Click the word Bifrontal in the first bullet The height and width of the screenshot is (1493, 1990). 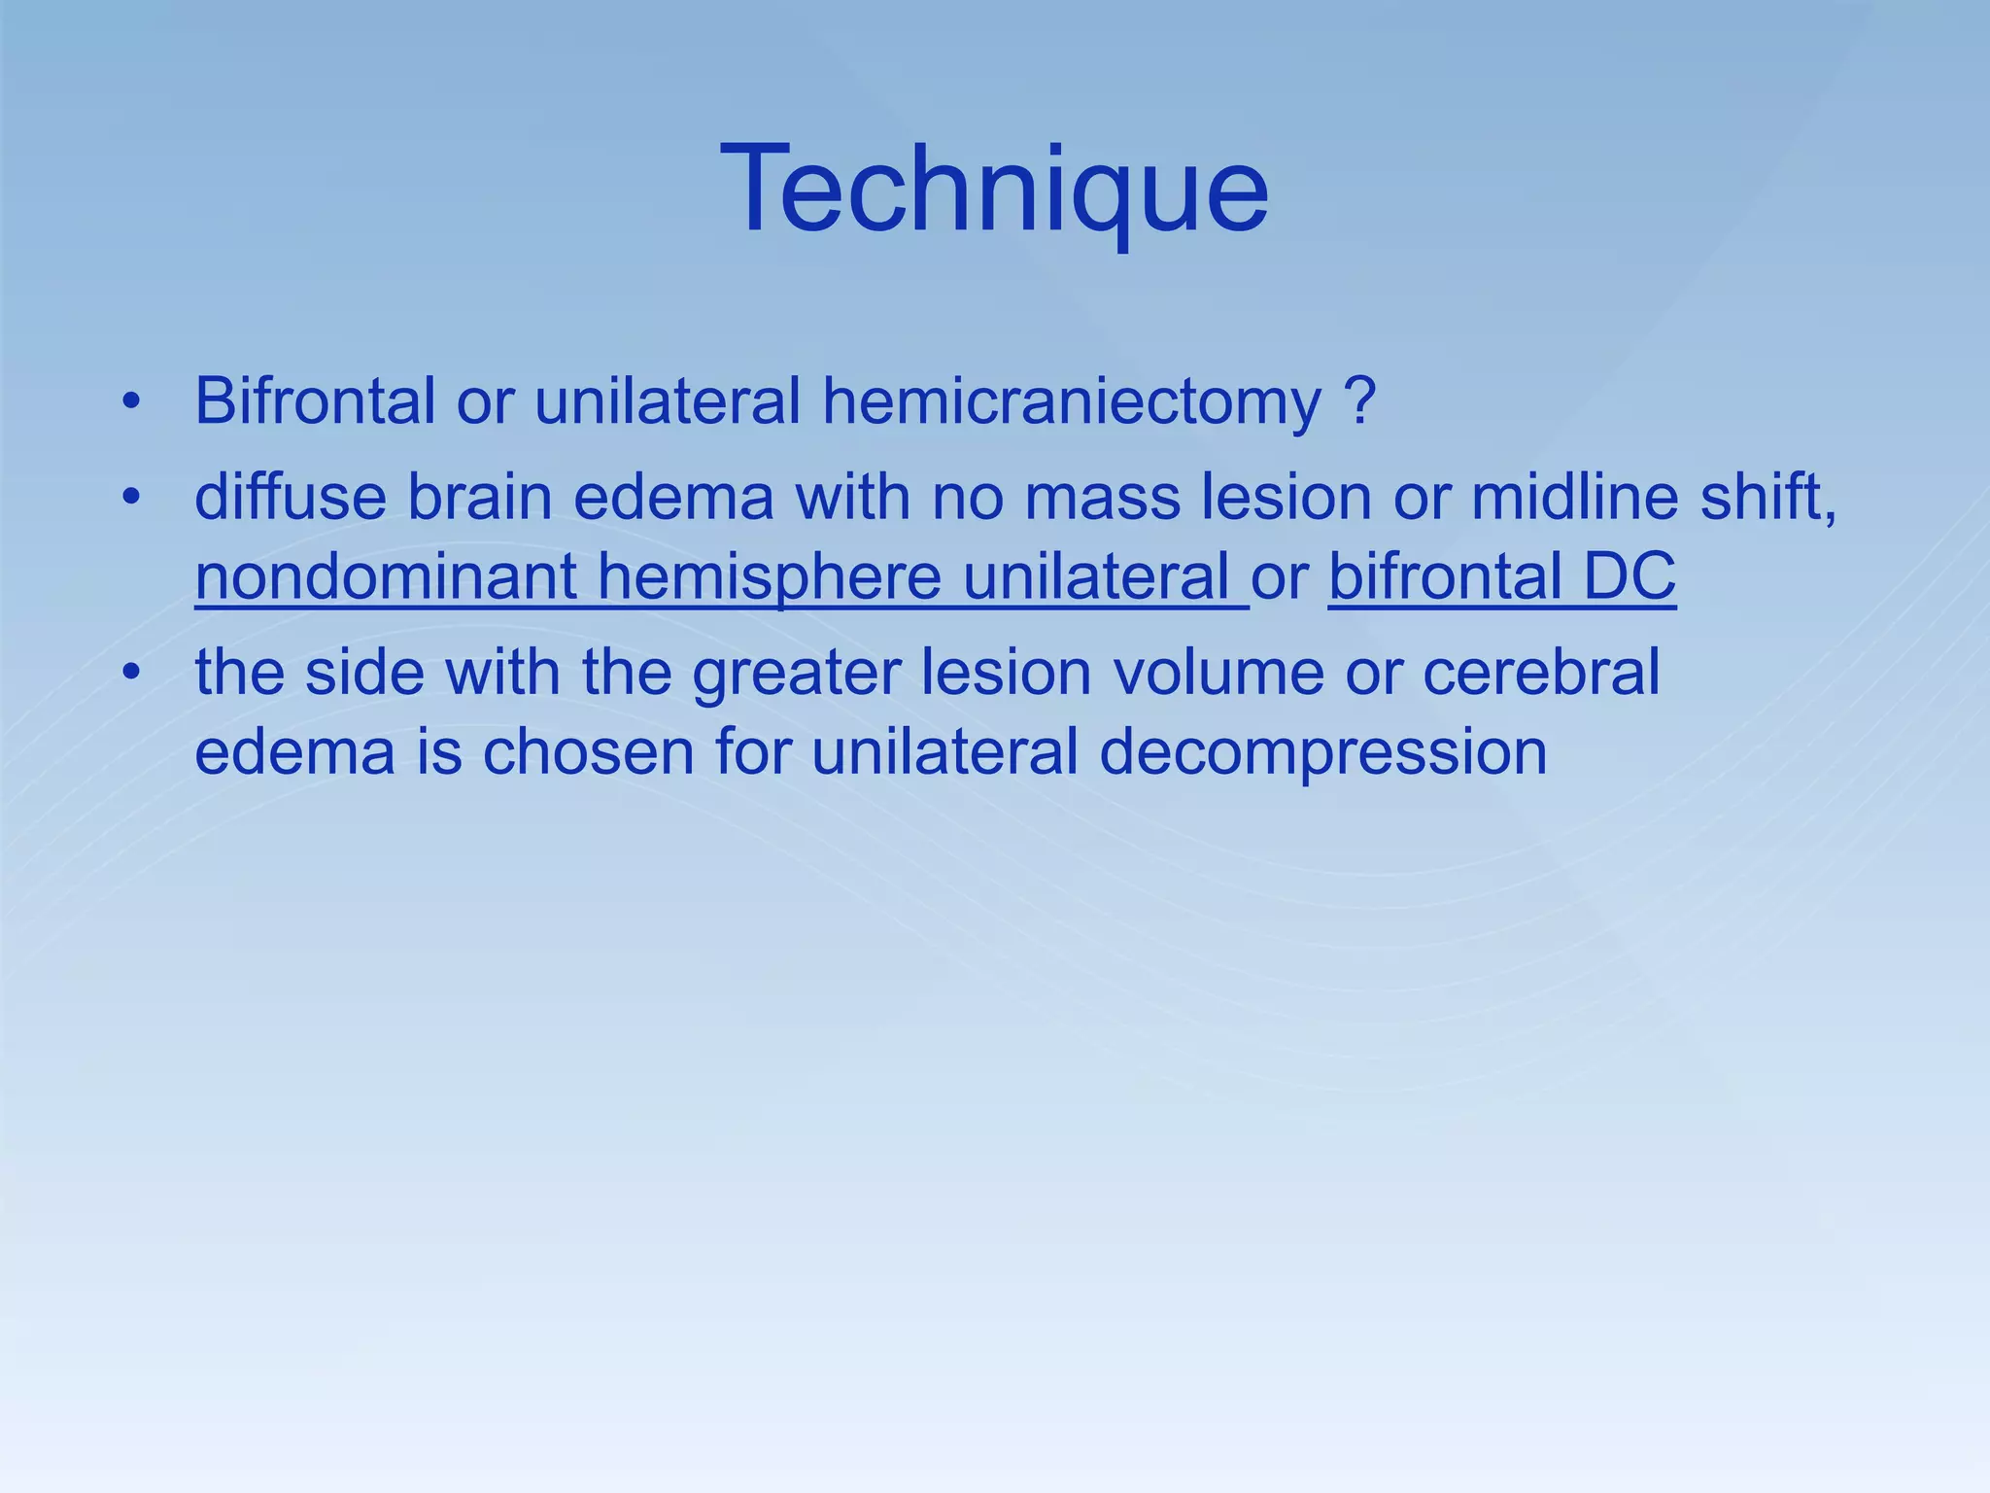[x=314, y=400]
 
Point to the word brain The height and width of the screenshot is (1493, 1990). [x=479, y=498]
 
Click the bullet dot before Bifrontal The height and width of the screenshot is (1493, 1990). [x=132, y=401]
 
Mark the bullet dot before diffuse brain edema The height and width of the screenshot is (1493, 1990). [x=132, y=499]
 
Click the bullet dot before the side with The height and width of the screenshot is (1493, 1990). [x=132, y=673]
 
